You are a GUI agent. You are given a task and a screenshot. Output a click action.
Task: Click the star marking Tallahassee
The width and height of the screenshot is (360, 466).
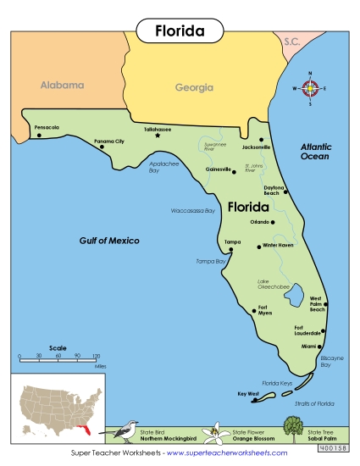[158, 136]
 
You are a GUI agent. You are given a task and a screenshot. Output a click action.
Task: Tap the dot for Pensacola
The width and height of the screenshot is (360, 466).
[39, 136]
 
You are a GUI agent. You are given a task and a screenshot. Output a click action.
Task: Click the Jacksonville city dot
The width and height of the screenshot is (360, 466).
[262, 139]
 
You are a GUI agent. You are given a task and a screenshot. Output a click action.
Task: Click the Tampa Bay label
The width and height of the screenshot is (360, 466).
[211, 261]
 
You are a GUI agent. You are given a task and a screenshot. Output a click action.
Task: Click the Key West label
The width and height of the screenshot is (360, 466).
[247, 393]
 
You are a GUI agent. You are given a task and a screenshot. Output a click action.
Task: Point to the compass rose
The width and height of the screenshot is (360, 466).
[310, 88]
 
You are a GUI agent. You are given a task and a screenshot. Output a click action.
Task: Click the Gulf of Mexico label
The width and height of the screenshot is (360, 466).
[109, 241]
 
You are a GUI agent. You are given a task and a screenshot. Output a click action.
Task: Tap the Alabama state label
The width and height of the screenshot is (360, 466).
[63, 85]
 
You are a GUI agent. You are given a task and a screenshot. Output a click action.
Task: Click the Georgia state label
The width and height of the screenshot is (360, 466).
[194, 87]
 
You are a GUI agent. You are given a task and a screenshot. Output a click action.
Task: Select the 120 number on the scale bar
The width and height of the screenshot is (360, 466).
[96, 355]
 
